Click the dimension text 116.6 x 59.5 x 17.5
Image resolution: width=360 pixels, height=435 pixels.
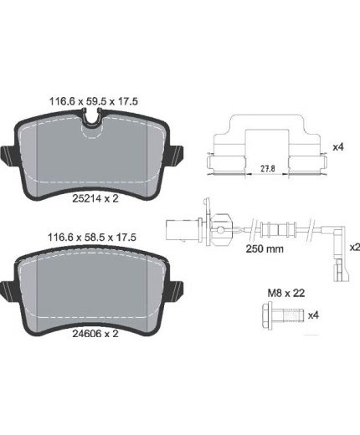point(94,101)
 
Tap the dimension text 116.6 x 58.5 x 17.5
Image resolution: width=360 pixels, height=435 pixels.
point(92,238)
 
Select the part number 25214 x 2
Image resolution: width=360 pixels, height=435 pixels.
point(95,198)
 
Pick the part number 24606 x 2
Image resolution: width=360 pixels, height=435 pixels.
point(95,334)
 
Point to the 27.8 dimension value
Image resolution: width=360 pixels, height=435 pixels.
point(268,168)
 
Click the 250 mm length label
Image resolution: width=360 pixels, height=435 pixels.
point(265,248)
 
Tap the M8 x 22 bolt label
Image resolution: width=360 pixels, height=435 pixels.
point(286,293)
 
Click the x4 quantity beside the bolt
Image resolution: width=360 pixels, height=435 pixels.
point(313,315)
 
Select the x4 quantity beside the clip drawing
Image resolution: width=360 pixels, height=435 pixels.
point(337,147)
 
